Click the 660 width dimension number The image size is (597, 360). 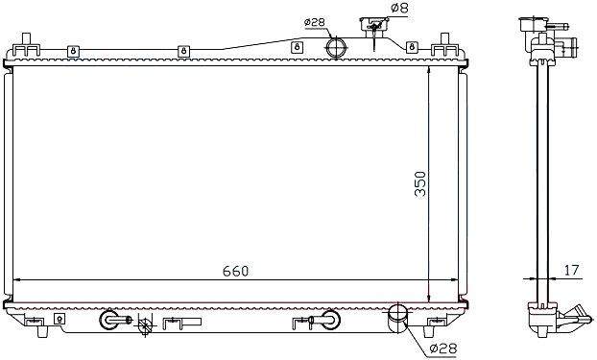tap(235, 271)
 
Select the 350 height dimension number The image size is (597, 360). tap(420, 184)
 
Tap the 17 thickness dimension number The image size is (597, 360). tap(571, 270)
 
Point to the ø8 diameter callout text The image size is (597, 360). tap(399, 9)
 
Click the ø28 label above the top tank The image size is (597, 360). tap(315, 22)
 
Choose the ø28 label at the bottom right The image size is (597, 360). tap(442, 348)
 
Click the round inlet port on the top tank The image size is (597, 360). tap(336, 48)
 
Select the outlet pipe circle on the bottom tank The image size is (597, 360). tap(397, 314)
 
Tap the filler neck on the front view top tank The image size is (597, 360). tap(374, 27)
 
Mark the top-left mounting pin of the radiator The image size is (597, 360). tap(26, 39)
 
